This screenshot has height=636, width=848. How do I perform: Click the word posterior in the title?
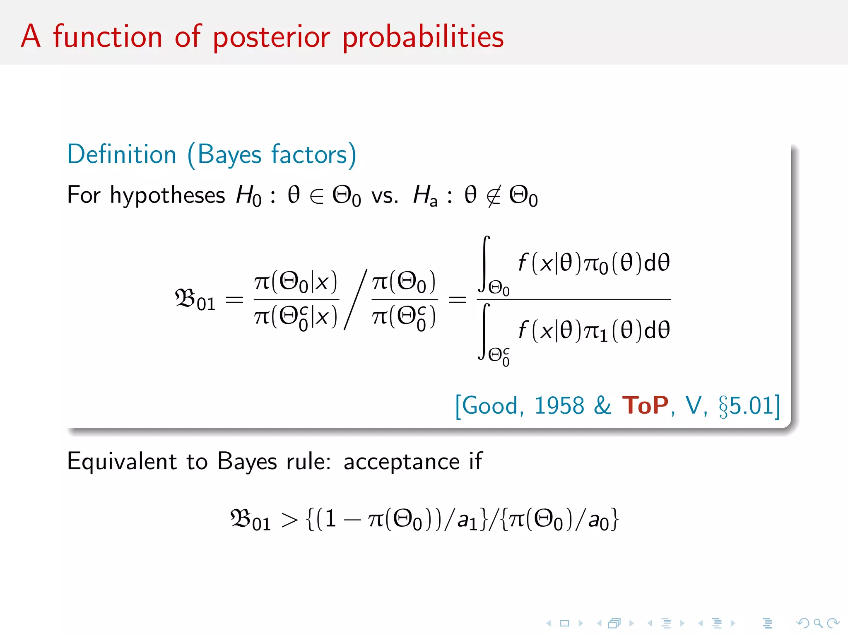tap(271, 37)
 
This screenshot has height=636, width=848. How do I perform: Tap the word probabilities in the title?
tap(423, 37)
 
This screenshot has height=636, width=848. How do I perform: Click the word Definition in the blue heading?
tap(122, 154)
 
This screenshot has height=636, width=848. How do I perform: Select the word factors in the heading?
tap(309, 154)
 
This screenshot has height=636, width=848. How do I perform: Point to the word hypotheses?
tap(167, 195)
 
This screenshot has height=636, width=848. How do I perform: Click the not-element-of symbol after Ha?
tap(494, 195)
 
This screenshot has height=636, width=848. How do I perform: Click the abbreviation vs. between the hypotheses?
tap(384, 196)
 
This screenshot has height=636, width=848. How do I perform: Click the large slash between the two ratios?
tap(355, 299)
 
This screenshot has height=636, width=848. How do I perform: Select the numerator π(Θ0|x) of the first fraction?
tap(296, 282)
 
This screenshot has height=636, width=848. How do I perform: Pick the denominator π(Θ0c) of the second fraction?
tap(404, 317)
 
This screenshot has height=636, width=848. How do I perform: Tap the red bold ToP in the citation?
tap(645, 405)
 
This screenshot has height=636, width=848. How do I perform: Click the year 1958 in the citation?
tap(559, 405)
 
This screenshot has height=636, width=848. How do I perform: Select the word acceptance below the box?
tap(401, 462)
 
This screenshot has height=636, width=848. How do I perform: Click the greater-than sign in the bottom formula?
tap(289, 520)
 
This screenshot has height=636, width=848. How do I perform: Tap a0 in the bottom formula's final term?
tap(598, 521)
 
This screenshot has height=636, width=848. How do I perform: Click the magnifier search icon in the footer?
tap(818, 623)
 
